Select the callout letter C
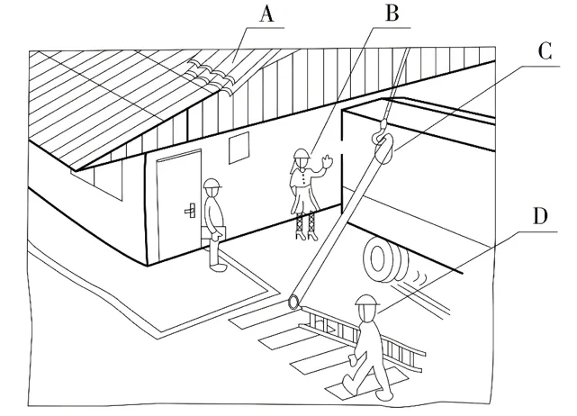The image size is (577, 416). click(543, 52)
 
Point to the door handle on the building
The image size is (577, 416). click(190, 212)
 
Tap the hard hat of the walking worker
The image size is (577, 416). click(365, 302)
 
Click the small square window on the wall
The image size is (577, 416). click(239, 149)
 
